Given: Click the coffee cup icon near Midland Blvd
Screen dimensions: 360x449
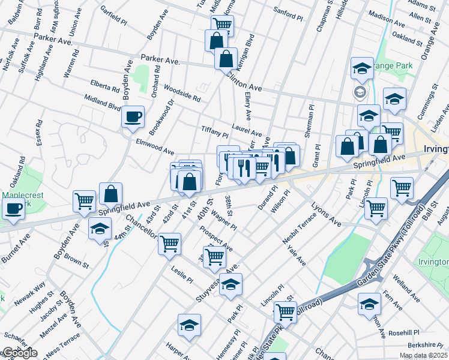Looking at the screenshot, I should click(x=133, y=115).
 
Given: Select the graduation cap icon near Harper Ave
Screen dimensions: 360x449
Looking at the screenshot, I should click(x=189, y=325).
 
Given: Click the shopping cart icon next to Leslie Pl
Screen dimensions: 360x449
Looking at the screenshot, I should click(x=169, y=242).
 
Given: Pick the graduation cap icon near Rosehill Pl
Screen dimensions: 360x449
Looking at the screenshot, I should click(x=369, y=303).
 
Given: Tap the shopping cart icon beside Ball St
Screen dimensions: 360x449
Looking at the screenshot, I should click(x=402, y=187).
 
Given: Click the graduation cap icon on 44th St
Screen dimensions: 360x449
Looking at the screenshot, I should click(x=100, y=229).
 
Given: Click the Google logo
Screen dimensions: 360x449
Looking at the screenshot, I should click(x=19, y=353).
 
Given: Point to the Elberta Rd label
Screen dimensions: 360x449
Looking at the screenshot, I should click(x=105, y=86).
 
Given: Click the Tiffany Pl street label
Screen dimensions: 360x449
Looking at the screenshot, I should click(x=215, y=132).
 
